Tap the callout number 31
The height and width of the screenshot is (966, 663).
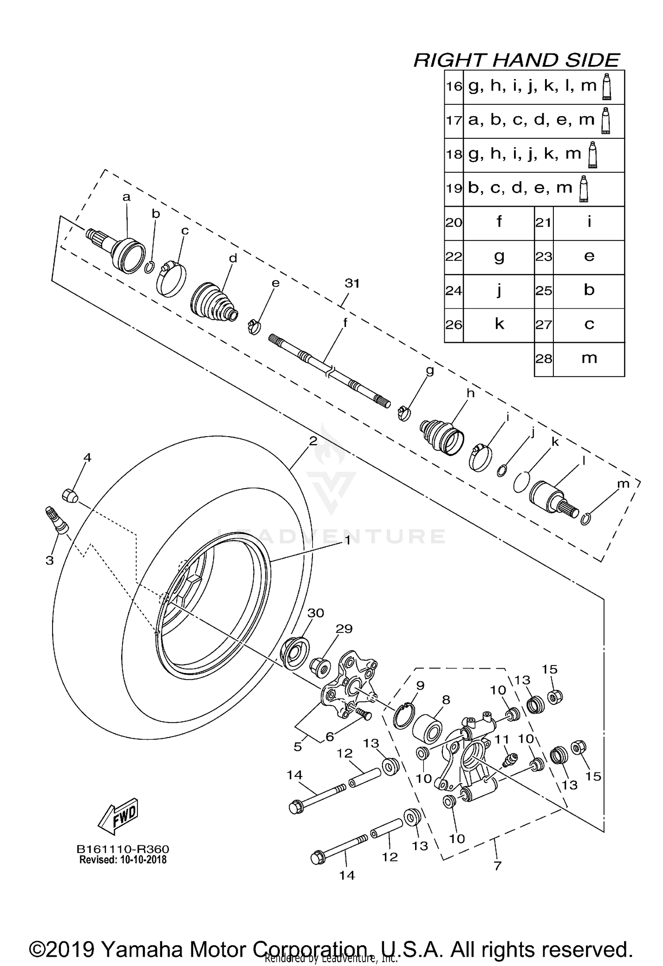click(x=352, y=284)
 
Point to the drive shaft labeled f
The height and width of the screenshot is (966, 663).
click(x=329, y=370)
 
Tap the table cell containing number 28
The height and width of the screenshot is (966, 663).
click(x=544, y=359)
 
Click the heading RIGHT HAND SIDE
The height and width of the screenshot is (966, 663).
click(x=516, y=60)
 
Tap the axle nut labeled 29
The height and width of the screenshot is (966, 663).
click(x=320, y=668)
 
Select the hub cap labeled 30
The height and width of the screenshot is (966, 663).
click(x=294, y=654)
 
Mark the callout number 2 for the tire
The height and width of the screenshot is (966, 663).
click(x=313, y=441)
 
